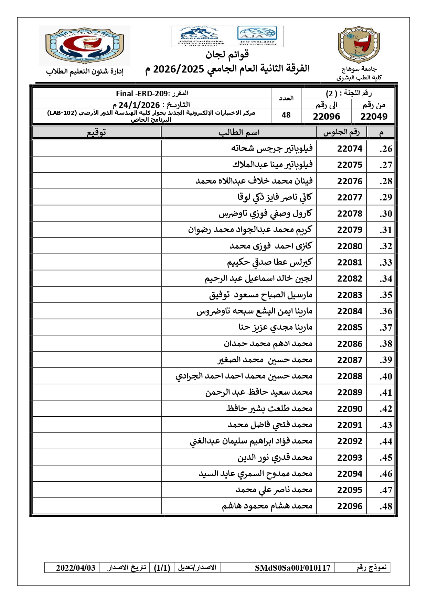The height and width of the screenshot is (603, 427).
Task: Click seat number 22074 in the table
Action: pos(350,149)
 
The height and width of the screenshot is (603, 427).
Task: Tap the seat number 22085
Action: pos(350,327)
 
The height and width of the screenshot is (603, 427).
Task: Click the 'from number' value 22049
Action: pos(374,117)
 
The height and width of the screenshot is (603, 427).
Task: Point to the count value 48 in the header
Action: pos(286,115)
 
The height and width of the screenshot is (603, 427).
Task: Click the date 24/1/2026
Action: pos(139,105)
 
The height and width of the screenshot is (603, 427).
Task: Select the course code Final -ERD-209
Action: pos(142,94)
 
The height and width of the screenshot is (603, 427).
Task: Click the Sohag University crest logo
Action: pos(359,45)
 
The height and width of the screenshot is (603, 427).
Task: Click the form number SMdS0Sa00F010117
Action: pos(292,568)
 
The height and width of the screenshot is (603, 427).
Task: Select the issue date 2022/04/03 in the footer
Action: pos(76,568)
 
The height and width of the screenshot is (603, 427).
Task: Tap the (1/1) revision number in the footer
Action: pos(162,568)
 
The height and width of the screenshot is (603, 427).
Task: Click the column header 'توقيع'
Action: pos(96,132)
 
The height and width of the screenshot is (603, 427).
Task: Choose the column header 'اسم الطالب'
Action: pos(239,132)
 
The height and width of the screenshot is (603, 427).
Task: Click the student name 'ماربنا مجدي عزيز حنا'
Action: pos(275,327)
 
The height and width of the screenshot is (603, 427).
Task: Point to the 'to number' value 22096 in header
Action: pos(326,117)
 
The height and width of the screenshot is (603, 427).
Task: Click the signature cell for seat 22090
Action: pos(97,408)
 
